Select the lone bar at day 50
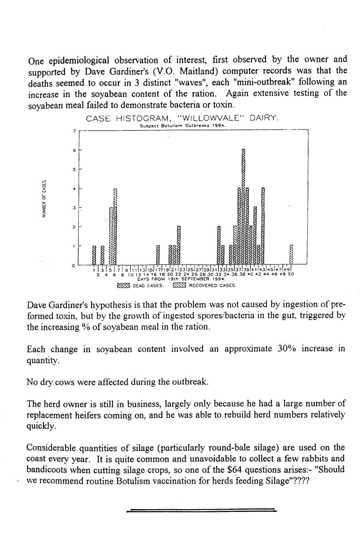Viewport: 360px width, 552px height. click(292, 254)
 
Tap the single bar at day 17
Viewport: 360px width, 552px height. click(158, 254)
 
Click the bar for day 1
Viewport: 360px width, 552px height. click(94, 255)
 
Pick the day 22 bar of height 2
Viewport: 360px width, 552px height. click(179, 245)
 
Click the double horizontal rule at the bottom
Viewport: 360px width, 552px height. click(201, 510)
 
